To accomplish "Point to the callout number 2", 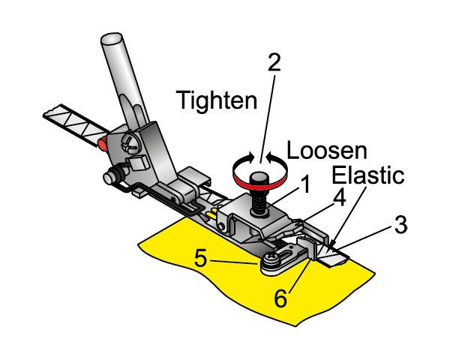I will click(x=274, y=61).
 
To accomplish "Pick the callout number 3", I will click(x=402, y=224).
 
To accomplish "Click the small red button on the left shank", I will click(x=101, y=141).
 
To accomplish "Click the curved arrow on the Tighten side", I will click(x=242, y=160).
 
